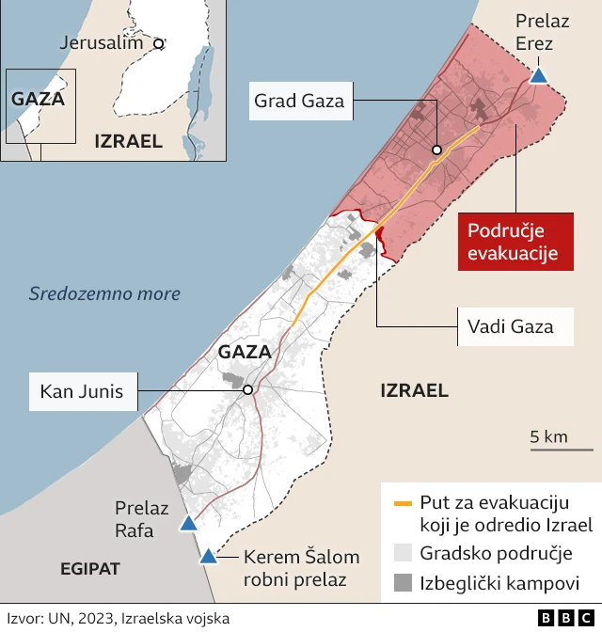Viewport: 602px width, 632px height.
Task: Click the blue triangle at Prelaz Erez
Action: point(539,75)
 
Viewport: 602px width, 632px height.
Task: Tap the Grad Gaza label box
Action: point(299,101)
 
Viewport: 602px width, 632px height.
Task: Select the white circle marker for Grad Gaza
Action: point(436,150)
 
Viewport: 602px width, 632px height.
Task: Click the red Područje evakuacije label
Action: point(515,242)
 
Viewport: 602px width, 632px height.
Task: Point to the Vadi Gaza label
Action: point(509,327)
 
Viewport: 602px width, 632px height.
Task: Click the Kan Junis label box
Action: point(82,390)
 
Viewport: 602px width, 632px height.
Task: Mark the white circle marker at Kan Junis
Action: point(247,390)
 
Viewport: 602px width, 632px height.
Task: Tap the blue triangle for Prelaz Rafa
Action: point(189,523)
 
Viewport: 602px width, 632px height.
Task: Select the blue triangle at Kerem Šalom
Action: point(207,556)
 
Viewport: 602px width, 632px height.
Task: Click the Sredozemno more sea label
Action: point(104,294)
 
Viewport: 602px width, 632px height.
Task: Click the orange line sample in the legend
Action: point(403,503)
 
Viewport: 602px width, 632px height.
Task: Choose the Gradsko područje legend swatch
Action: point(403,553)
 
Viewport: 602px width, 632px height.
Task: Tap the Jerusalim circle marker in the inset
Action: point(159,43)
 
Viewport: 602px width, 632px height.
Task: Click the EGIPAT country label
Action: point(90,569)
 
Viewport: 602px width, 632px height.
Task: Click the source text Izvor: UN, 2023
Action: point(118,618)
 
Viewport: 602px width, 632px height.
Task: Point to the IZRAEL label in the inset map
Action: point(129,141)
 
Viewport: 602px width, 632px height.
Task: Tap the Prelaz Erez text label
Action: point(534,33)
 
